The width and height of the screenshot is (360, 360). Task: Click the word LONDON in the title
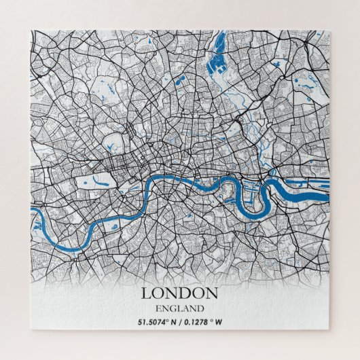[179, 293]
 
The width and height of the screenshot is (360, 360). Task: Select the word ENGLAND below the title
[179, 310]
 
